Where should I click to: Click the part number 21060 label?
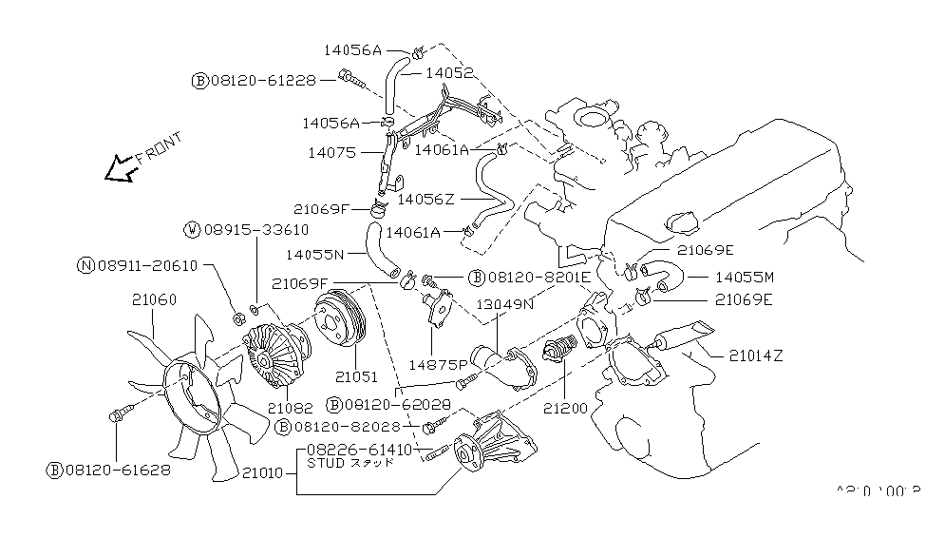(153, 299)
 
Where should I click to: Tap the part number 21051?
(353, 376)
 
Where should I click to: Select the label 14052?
(447, 71)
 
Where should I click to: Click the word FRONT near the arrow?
(158, 148)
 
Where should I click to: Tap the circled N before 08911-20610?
(85, 265)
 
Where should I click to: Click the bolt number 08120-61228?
(262, 81)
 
